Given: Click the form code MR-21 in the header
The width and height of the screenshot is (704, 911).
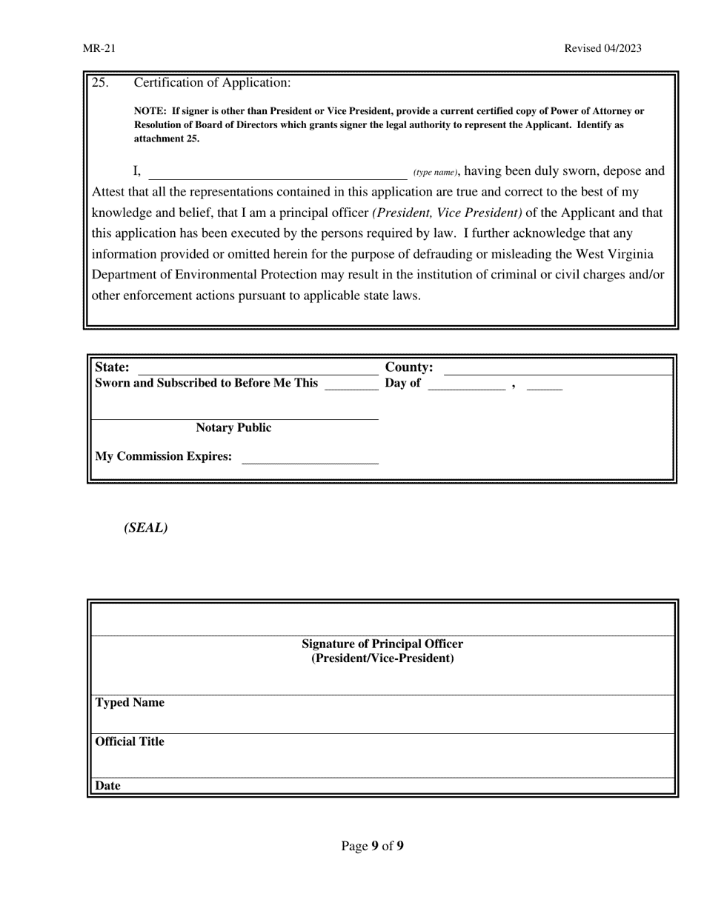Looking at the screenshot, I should click(99, 49).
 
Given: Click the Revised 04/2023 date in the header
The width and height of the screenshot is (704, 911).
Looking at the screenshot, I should click(602, 49).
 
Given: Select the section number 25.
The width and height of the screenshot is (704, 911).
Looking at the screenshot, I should click(100, 83).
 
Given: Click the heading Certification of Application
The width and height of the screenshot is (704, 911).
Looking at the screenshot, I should click(212, 83).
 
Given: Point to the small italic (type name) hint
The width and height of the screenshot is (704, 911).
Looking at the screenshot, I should click(436, 173).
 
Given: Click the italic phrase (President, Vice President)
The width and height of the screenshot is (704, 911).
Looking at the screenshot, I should click(447, 213).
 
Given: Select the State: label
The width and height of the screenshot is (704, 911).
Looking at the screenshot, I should click(112, 367).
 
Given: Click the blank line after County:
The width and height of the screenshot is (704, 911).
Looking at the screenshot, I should click(557, 370).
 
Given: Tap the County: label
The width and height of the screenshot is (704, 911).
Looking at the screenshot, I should click(409, 367).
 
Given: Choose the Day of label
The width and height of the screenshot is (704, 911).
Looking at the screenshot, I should click(402, 383).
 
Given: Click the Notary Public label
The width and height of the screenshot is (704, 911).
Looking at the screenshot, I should click(233, 428).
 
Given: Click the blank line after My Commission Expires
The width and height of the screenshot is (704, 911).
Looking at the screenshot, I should click(310, 458).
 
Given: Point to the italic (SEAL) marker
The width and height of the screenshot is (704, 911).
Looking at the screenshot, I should click(146, 528).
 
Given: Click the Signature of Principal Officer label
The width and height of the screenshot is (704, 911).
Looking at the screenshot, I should click(382, 644).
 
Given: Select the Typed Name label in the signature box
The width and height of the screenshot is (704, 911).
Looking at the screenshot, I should click(130, 703).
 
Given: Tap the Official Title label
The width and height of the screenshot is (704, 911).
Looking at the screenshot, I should click(130, 742).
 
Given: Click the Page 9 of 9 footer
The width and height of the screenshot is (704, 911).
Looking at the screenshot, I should click(372, 846).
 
